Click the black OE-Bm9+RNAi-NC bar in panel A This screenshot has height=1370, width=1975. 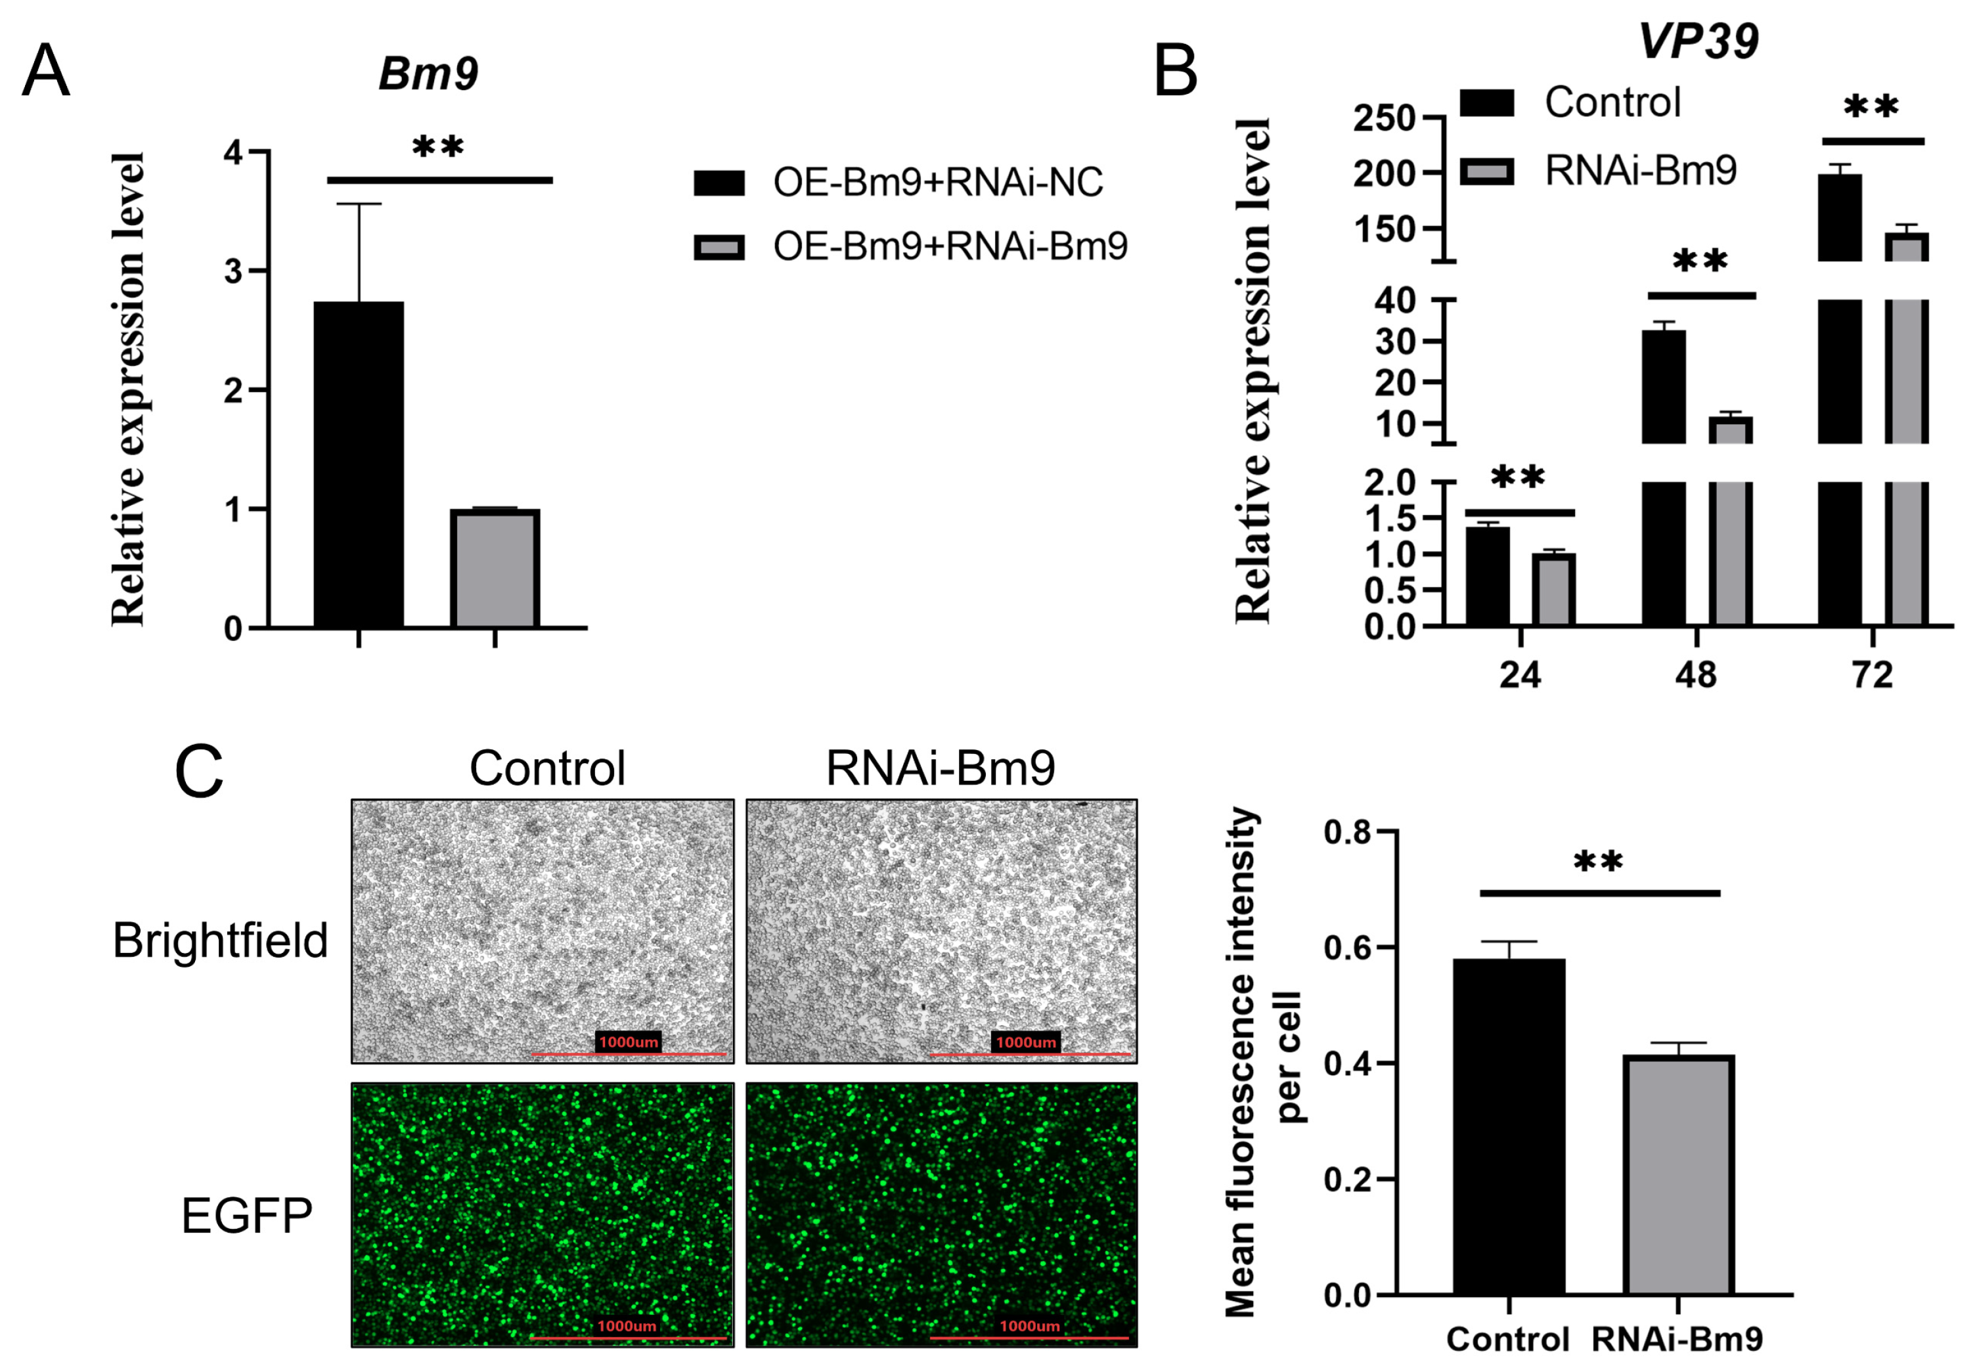[x=358, y=464]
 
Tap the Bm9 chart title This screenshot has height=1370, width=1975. [x=428, y=74]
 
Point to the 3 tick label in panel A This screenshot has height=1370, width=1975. [x=233, y=272]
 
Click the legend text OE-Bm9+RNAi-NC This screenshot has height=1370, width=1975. [x=938, y=182]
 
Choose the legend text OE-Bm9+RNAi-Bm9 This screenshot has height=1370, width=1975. [x=950, y=246]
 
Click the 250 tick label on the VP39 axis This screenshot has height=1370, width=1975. [x=1385, y=118]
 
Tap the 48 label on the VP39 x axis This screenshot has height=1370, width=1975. [x=1696, y=676]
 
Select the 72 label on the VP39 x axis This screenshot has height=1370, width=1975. [x=1872, y=676]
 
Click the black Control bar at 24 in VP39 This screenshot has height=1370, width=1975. [x=1488, y=576]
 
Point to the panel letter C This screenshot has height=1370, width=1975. [x=199, y=772]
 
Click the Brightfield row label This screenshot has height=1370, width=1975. [x=221, y=940]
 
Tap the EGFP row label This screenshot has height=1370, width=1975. [x=247, y=1216]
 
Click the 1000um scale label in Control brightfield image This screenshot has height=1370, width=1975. [x=629, y=1042]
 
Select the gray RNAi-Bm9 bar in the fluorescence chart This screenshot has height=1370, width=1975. [x=1678, y=1174]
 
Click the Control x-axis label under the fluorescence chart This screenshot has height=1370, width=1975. [x=1507, y=1339]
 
